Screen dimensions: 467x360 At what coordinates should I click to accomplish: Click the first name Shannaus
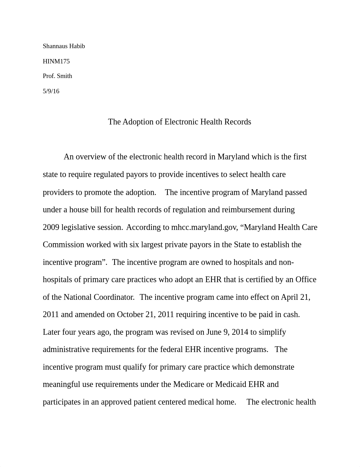54,46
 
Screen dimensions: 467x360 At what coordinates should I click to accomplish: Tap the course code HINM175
56,61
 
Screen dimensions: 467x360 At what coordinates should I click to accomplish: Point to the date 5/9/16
51,91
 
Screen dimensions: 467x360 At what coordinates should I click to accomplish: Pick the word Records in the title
239,122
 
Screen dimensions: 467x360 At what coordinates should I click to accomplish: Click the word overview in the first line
91,157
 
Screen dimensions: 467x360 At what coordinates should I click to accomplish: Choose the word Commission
63,245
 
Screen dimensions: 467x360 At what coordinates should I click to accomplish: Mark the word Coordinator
114,297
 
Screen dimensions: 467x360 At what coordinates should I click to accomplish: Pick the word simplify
273,332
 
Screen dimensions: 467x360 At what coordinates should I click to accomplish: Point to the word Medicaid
231,384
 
